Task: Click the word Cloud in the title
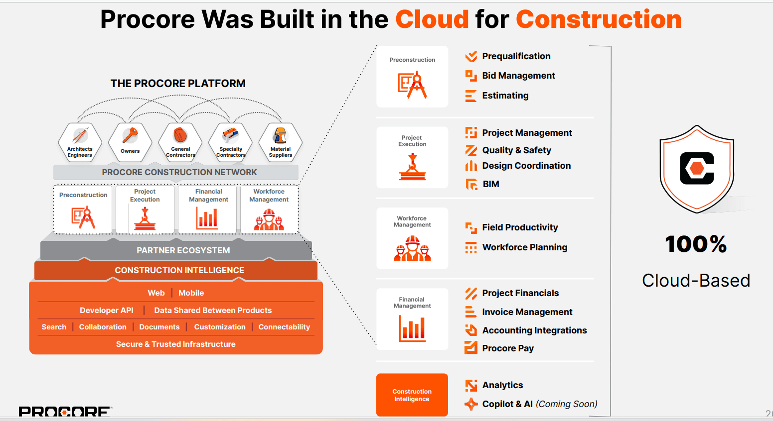(x=432, y=19)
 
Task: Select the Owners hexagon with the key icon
(x=130, y=142)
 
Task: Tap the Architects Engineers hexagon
(x=80, y=142)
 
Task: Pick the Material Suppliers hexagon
(x=281, y=142)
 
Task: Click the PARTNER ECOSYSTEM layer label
(x=183, y=250)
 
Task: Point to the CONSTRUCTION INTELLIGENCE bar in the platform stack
(x=179, y=270)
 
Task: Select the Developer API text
(x=107, y=310)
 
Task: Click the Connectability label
(x=284, y=327)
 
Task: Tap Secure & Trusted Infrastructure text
(x=175, y=344)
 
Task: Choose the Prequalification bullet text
(x=516, y=56)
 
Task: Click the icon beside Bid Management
(x=471, y=76)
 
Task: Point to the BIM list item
(x=490, y=184)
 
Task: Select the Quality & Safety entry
(x=516, y=150)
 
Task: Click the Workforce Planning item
(x=524, y=247)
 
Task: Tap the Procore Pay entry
(x=507, y=348)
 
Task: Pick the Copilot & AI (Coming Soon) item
(x=539, y=404)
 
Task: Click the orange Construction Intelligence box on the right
(x=412, y=395)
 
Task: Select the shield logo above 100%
(x=696, y=169)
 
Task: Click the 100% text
(x=696, y=244)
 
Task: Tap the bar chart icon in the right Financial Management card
(x=412, y=328)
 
